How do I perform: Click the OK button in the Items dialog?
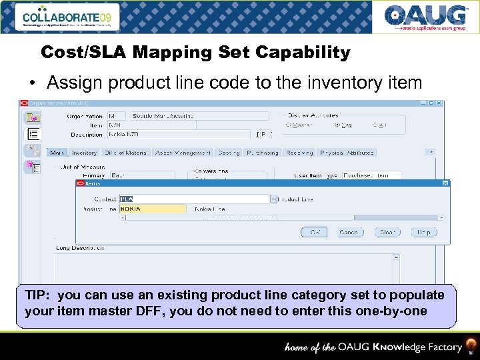tap(313, 232)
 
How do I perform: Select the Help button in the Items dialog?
tap(424, 232)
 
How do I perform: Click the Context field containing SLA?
tap(193, 199)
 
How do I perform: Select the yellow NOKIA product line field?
tap(152, 209)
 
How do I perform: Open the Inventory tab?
tap(84, 153)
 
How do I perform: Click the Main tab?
tap(57, 153)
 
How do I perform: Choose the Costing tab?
tap(229, 153)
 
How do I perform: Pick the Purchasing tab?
tap(262, 153)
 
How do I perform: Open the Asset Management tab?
tap(183, 153)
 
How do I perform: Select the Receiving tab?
tap(299, 153)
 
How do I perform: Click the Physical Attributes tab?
tap(347, 153)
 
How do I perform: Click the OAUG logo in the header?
tap(425, 17)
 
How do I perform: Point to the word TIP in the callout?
tap(36, 295)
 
